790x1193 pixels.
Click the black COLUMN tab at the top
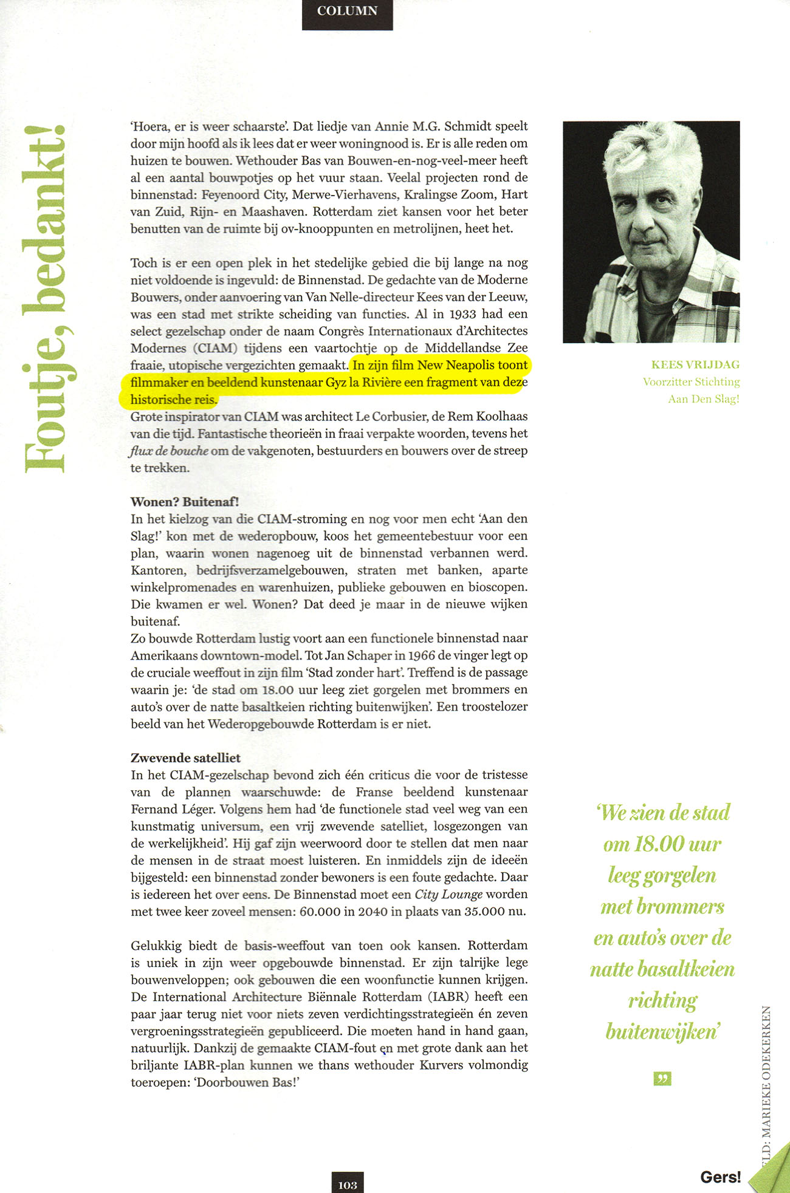(347, 12)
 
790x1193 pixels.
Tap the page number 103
(347, 1184)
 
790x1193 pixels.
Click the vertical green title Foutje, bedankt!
(46, 298)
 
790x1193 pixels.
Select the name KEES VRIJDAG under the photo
(695, 364)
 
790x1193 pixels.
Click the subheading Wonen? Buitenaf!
(185, 502)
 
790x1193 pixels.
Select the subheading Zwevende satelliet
(185, 757)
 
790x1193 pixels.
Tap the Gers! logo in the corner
(720, 1177)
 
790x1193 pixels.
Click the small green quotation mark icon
(662, 1079)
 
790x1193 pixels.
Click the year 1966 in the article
(421, 655)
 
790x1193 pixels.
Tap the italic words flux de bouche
(169, 451)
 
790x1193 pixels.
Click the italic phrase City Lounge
(448, 894)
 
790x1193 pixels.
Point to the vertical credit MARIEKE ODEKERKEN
(767, 1075)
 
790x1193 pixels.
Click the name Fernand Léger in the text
(171, 809)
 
